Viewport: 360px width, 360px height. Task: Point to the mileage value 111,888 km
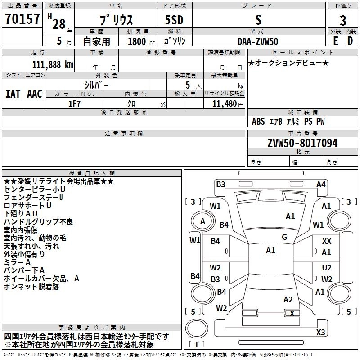53,64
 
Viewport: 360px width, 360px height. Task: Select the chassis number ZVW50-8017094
302,143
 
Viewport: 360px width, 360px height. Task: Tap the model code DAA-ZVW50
258,41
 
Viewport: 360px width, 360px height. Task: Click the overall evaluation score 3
343,20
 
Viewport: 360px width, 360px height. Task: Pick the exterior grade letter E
335,41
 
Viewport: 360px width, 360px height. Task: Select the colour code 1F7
74,103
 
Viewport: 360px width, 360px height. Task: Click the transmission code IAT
13,94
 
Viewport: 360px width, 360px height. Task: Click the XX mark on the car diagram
327,242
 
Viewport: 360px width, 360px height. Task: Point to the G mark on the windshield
284,237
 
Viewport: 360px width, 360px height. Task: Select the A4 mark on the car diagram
321,184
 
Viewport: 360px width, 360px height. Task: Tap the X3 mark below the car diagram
321,333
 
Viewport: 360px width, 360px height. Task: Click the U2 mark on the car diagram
327,267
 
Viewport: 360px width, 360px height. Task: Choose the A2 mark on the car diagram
288,300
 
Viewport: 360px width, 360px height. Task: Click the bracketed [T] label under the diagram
197,345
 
